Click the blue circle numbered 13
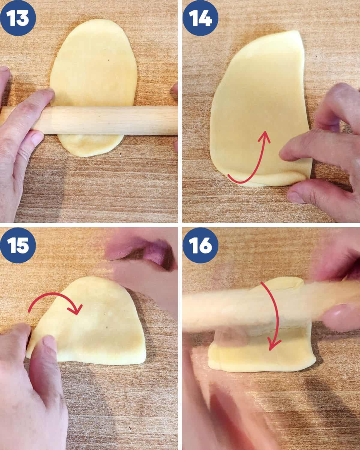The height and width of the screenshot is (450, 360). (18, 18)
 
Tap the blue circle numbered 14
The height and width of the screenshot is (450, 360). (200, 18)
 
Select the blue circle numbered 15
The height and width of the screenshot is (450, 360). (18, 245)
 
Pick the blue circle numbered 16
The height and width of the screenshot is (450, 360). (200, 245)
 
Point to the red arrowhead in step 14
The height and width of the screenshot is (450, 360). (265, 137)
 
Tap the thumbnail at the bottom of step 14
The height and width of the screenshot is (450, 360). (295, 197)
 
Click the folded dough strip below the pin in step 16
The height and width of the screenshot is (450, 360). (262, 356)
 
